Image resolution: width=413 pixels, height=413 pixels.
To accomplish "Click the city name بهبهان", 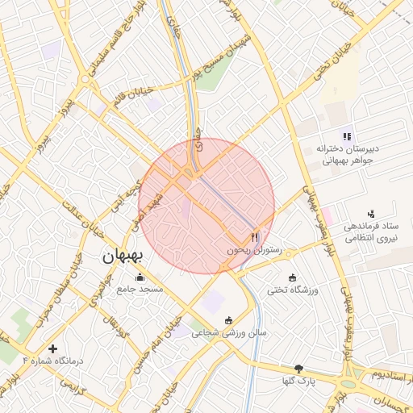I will click(x=122, y=257).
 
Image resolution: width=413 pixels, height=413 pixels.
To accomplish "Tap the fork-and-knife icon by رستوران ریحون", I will click(x=255, y=237).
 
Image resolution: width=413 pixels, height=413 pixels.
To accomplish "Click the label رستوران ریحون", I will click(x=252, y=251).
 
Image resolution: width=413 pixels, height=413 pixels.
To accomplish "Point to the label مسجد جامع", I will click(x=140, y=288).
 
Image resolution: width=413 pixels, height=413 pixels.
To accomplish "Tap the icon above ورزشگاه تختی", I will click(x=292, y=277).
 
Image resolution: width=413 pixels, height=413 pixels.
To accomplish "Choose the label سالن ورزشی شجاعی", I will click(x=229, y=332).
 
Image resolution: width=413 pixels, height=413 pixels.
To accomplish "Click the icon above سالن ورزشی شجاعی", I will click(x=229, y=319).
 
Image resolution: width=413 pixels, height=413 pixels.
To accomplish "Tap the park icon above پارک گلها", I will click(x=299, y=368).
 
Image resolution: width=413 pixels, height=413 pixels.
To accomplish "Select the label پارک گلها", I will click(x=299, y=380).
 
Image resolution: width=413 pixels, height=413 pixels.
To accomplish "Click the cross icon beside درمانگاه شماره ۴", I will click(x=53, y=349).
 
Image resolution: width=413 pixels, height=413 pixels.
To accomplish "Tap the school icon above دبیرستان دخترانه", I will click(x=347, y=136).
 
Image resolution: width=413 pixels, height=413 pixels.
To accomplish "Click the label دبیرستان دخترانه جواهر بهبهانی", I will click(x=347, y=154).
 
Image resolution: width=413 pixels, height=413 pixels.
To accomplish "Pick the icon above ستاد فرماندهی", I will click(x=371, y=214).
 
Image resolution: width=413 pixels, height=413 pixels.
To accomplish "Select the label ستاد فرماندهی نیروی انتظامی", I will click(x=371, y=233).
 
